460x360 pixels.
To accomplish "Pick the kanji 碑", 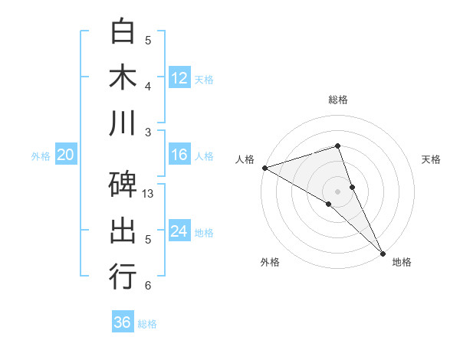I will [123, 185].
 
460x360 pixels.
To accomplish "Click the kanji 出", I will [123, 231].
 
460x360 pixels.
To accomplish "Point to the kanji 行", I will [123, 277].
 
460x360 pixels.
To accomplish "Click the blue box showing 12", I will [179, 77].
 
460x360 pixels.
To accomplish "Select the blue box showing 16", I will [179, 155].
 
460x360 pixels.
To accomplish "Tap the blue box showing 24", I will [179, 231].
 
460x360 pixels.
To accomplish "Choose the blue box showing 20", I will [65, 155].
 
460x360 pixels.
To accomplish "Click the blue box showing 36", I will [123, 322].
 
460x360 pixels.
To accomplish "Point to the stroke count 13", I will [149, 194].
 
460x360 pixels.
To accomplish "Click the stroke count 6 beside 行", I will [147, 286].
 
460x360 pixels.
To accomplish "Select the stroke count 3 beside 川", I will [147, 132].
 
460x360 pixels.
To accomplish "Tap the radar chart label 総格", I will [337, 100].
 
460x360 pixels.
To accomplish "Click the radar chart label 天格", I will [432, 159].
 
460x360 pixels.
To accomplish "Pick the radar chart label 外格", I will [270, 262].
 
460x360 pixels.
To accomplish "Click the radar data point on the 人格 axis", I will [264, 167].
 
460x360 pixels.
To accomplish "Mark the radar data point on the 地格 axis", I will [383, 252].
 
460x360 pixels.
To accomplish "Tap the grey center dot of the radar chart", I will [337, 191].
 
